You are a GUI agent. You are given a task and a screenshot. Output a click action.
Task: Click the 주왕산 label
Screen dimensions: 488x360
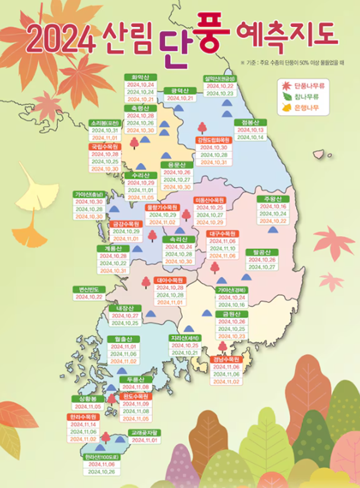click(x=272, y=199)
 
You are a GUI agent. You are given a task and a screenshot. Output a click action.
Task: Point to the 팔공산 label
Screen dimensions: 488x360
click(x=262, y=252)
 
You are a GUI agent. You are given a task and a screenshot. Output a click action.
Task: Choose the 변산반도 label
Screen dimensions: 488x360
click(x=88, y=289)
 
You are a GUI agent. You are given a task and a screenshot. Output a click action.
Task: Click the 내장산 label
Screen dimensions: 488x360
click(x=125, y=308)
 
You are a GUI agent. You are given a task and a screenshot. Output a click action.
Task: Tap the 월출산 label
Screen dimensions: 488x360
click(x=124, y=339)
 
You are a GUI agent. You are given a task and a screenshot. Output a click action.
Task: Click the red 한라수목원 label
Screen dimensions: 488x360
click(x=83, y=417)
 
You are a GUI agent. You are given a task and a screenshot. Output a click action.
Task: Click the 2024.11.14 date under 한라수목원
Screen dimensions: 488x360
click(x=83, y=425)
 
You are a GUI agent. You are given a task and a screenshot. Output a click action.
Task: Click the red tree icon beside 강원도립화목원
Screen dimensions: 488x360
click(x=202, y=128)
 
